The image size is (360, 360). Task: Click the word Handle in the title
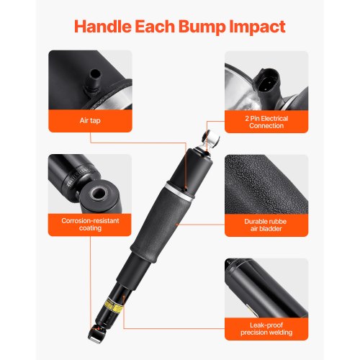pyautogui.click(x=103, y=26)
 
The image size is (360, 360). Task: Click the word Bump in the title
pyautogui.click(x=202, y=27)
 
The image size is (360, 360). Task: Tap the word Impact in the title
pyautogui.click(x=258, y=27)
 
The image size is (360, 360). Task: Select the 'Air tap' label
pyautogui.click(x=90, y=120)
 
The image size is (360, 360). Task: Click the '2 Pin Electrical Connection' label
pyautogui.click(x=266, y=122)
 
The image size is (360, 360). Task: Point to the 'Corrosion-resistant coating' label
pyautogui.click(x=90, y=224)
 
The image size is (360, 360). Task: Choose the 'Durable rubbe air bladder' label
pyautogui.click(x=266, y=225)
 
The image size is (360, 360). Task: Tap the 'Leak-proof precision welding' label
pyautogui.click(x=266, y=328)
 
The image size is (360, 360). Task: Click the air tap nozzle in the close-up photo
pyautogui.click(x=94, y=81)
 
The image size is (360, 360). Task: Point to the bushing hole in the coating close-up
pyautogui.click(x=99, y=193)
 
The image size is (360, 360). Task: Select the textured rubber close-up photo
pyautogui.click(x=266, y=184)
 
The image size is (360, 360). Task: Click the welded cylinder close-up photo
pyautogui.click(x=266, y=288)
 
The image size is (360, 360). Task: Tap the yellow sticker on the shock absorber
pyautogui.click(x=114, y=305)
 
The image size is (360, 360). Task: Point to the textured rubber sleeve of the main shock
pyautogui.click(x=161, y=223)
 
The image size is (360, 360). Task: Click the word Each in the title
pyautogui.click(x=155, y=26)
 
